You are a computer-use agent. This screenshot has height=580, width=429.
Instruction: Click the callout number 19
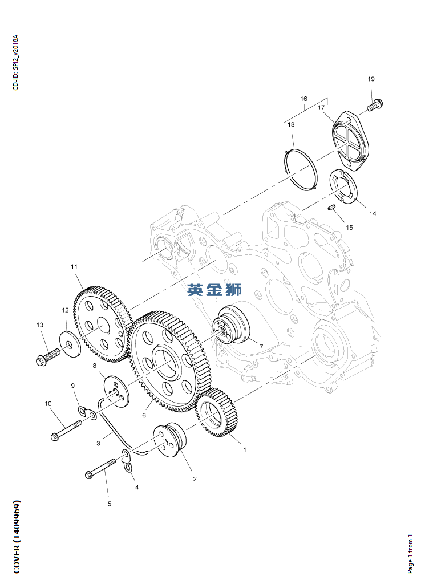click(x=371, y=79)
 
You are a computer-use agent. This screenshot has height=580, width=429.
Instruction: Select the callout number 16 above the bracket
click(x=304, y=99)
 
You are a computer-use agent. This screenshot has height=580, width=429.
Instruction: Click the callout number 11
click(x=74, y=266)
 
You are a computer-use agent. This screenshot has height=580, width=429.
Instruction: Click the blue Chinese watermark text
click(x=214, y=290)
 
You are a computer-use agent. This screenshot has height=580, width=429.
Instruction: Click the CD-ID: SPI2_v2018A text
click(x=16, y=62)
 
